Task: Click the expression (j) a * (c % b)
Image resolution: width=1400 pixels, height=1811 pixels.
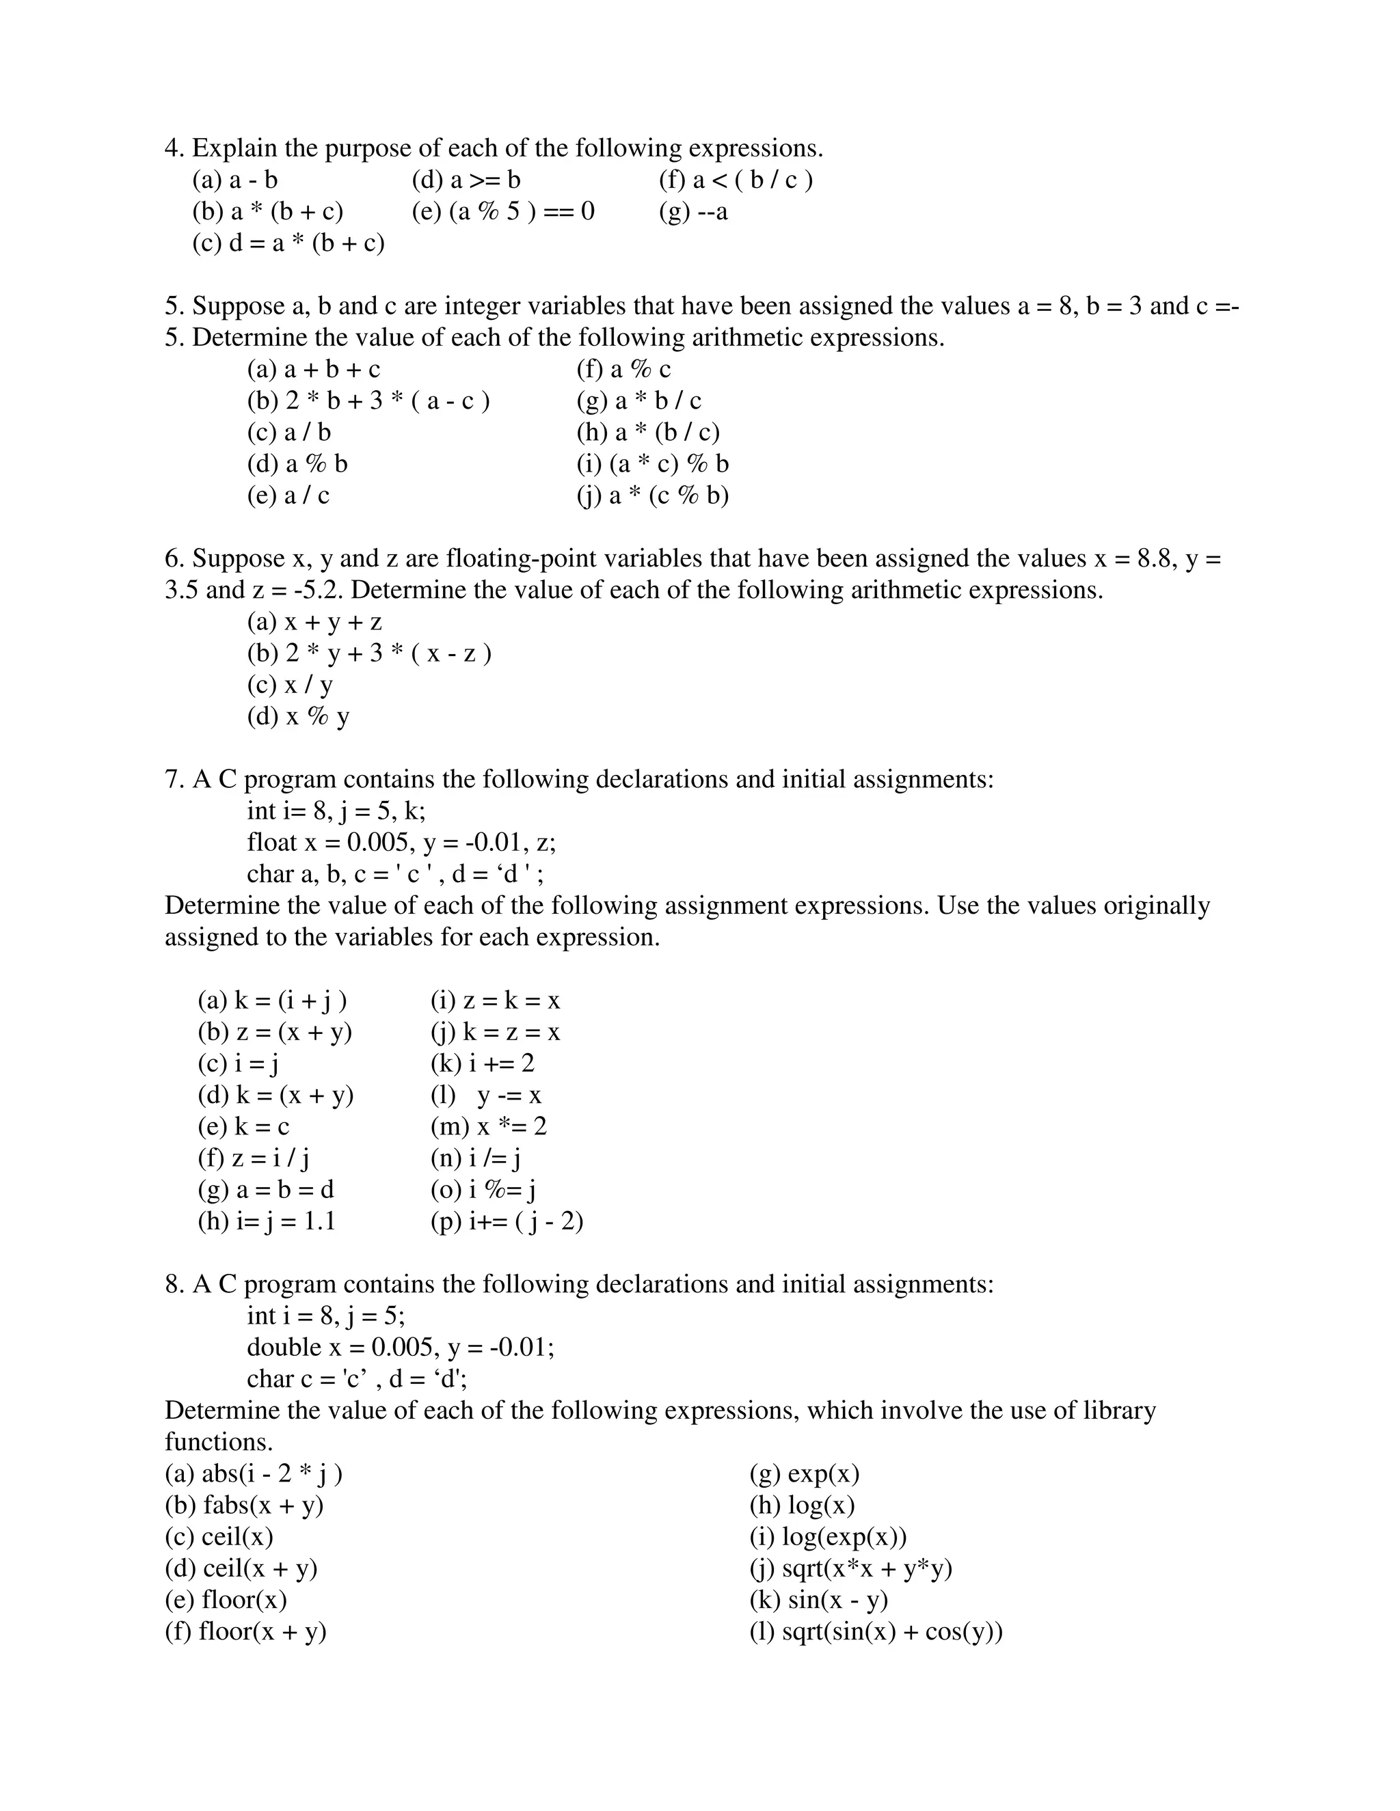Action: [653, 496]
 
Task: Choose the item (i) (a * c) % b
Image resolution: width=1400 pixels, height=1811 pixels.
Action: [653, 464]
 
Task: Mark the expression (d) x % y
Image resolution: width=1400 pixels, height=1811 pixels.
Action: [299, 716]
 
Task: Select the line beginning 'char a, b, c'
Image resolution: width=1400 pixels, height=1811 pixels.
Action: [396, 874]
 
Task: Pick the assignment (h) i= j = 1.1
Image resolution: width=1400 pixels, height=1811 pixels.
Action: [266, 1221]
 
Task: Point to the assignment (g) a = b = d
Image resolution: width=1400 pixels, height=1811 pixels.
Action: [265, 1190]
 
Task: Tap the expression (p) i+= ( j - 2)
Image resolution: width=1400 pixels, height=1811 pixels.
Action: [507, 1221]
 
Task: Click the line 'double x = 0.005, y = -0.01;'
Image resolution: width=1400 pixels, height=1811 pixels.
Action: [401, 1348]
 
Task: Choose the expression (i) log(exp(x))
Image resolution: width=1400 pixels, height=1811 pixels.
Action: [828, 1536]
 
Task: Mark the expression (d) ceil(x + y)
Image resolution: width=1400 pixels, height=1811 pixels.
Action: [241, 1568]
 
